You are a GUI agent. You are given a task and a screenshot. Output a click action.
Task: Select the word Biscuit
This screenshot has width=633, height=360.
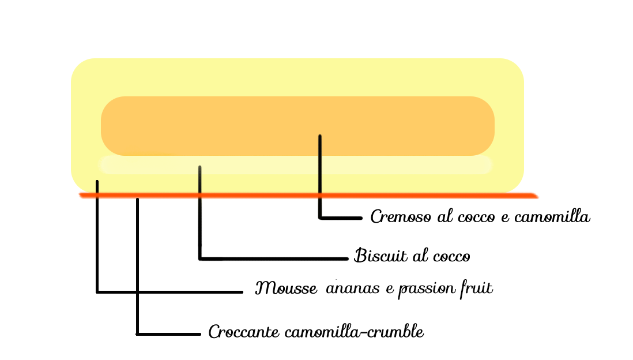pyautogui.click(x=375, y=256)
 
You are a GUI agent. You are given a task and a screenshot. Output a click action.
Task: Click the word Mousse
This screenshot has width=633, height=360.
pyautogui.click(x=286, y=288)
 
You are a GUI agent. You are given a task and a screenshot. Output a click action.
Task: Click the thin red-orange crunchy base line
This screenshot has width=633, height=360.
pyautogui.click(x=404, y=196)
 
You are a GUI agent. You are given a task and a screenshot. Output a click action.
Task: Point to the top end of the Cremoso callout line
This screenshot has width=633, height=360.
pyautogui.click(x=319, y=137)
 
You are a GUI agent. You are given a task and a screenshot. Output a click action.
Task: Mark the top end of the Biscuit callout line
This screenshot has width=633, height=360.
pyautogui.click(x=200, y=168)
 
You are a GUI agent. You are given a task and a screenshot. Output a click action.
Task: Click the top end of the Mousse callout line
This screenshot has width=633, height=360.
pyautogui.click(x=97, y=182)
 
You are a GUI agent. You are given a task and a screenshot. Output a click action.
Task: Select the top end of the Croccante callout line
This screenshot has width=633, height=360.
pyautogui.click(x=137, y=200)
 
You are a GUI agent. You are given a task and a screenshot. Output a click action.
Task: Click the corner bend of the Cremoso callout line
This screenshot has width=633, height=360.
pyautogui.click(x=320, y=217)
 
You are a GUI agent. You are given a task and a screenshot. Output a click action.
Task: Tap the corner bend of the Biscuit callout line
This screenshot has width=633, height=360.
pyautogui.click(x=200, y=258)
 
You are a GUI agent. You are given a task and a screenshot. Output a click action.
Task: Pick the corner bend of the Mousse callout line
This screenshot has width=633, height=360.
pyautogui.click(x=97, y=291)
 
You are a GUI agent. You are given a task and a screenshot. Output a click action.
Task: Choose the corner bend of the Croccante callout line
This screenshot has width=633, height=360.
pyautogui.click(x=137, y=333)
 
